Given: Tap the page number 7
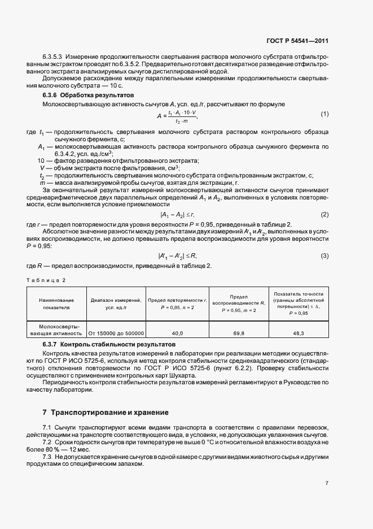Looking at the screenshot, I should [x=327, y=483].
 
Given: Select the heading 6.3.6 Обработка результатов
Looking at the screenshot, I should [x=86, y=95].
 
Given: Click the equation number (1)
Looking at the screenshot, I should [x=324, y=115].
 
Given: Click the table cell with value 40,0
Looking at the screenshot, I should [x=177, y=333].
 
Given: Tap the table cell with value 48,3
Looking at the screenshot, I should [x=299, y=333].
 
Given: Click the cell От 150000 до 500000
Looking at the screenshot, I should [x=116, y=333].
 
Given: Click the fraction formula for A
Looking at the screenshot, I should [x=177, y=116].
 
